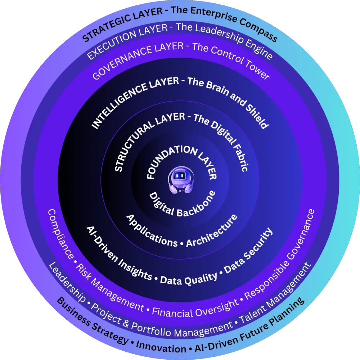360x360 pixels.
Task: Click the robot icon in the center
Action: click(180, 180)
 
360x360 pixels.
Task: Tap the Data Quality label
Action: click(189, 279)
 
